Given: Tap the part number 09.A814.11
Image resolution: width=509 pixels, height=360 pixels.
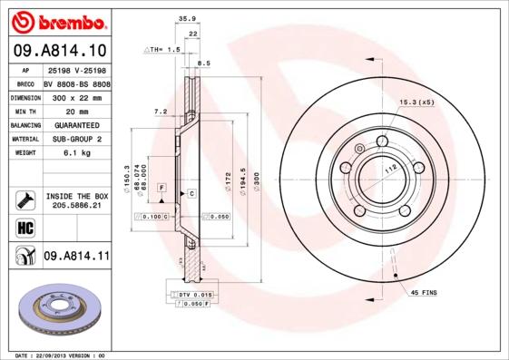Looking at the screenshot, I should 76,258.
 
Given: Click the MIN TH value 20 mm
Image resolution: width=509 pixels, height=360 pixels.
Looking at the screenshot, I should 75,110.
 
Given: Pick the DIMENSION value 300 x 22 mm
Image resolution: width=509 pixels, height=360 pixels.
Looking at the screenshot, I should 75,96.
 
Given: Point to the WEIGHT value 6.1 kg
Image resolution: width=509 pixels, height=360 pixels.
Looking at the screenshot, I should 75,154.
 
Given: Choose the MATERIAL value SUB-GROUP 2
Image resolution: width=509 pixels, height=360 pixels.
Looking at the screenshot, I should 75,139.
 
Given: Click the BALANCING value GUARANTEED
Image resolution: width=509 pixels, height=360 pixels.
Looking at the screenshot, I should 75,124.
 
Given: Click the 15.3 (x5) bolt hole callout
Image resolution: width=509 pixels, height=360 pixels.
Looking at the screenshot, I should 416,102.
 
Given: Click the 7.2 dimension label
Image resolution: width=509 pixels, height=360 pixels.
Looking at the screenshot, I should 161,111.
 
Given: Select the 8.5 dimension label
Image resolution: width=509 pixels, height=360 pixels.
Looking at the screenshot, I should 204,63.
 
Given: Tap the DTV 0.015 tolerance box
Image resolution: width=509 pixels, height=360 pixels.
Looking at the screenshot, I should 194,296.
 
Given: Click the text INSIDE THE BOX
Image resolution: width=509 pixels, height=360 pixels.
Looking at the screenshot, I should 76,196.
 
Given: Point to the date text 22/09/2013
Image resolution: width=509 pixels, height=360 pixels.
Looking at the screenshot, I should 54,355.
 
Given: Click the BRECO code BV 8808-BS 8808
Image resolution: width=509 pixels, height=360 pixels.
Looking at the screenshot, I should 76,82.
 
